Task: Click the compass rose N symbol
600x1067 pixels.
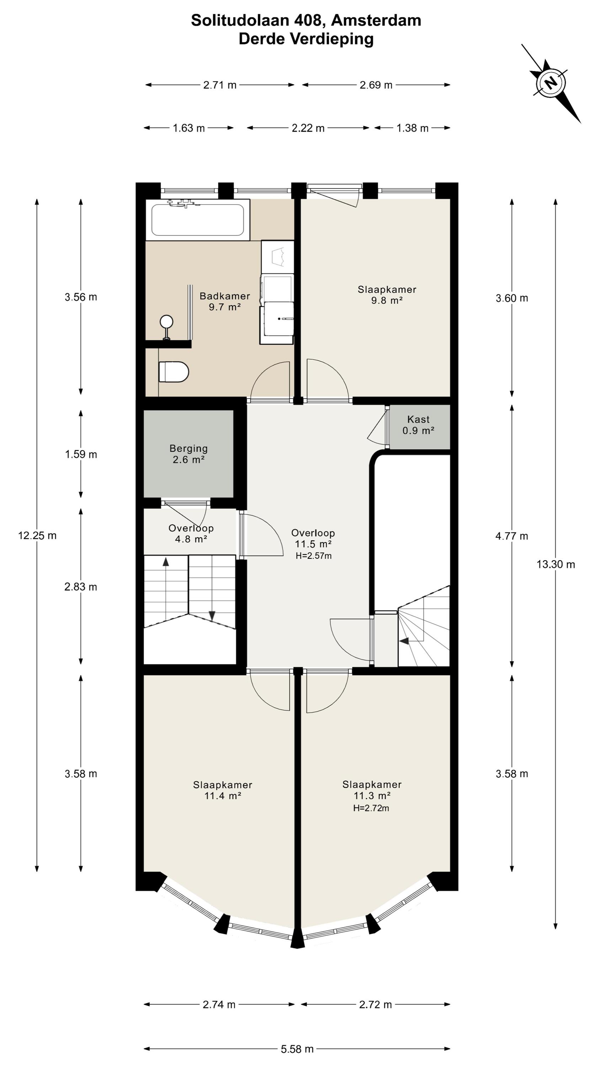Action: pos(550,83)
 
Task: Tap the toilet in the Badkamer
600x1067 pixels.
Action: pos(173,372)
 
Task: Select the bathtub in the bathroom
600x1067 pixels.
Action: pos(198,219)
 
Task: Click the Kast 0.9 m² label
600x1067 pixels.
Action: pos(418,425)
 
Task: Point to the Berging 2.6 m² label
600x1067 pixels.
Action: pos(188,453)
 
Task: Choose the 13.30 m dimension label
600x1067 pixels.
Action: pos(556,564)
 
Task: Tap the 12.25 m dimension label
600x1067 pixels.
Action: pos(37,536)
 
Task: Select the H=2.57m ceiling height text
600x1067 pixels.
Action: pos(314,556)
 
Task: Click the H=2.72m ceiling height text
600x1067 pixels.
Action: pos(371,808)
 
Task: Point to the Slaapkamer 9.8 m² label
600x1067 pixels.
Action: pos(387,295)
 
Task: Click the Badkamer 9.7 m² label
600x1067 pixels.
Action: pos(225,301)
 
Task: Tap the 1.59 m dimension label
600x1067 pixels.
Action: pos(81,455)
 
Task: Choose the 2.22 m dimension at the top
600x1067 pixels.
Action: pos(308,128)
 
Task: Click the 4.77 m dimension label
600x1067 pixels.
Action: pos(512,536)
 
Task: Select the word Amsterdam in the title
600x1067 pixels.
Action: pos(376,20)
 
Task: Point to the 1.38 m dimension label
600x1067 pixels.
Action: pos(412,128)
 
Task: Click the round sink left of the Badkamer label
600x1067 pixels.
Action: pos(166,322)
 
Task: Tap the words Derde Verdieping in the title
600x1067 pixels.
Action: pos(306,39)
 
